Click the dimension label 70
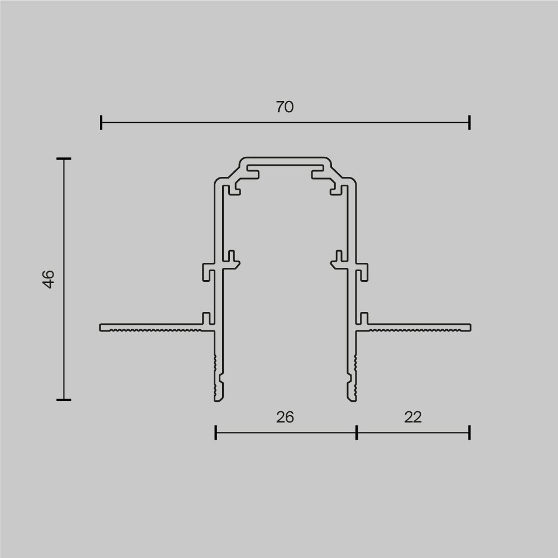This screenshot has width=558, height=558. [285, 107]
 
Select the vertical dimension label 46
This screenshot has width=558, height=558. [49, 279]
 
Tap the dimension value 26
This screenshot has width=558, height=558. [285, 417]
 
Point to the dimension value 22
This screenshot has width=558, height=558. [413, 417]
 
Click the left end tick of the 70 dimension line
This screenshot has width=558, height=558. [101, 122]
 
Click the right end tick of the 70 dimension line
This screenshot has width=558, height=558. [469, 122]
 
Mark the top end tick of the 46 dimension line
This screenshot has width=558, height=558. [64, 159]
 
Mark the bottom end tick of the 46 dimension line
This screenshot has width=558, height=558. [64, 400]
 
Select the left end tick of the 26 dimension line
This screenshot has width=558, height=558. [216, 432]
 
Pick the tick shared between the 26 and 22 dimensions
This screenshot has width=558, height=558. [357, 432]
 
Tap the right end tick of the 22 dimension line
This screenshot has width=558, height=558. [469, 432]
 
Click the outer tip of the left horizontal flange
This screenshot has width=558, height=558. [102, 327]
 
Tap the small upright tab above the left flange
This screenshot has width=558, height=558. [206, 318]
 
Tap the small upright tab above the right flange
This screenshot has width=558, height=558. [364, 318]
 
